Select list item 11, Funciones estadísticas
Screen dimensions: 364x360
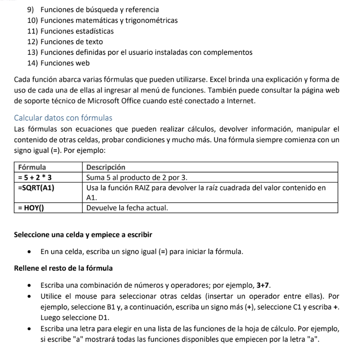[x=77, y=31]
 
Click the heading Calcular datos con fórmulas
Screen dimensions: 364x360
[x=63, y=118]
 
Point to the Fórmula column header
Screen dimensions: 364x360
[x=32, y=167]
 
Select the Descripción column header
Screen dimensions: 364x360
[x=106, y=167]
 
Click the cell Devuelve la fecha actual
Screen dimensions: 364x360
[x=127, y=208]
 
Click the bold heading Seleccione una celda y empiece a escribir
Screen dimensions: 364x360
[x=83, y=235]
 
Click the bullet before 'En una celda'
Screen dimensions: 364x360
[x=29, y=252]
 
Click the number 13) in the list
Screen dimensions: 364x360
[x=32, y=53]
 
